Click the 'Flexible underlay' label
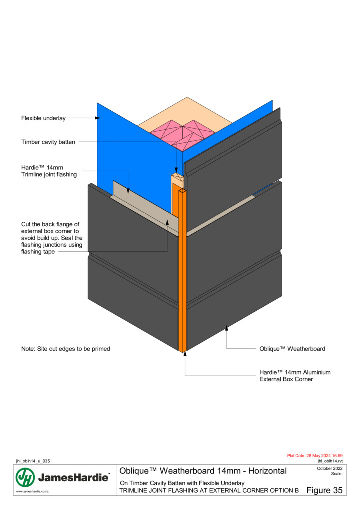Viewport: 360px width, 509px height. pyautogui.click(x=43, y=118)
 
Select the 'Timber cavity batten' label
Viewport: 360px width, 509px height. pyautogui.click(x=48, y=142)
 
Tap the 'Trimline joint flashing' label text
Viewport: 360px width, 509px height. pyautogui.click(x=49, y=174)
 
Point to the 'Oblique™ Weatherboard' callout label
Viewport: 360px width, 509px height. pyautogui.click(x=292, y=349)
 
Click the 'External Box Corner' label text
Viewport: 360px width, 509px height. pyautogui.click(x=286, y=379)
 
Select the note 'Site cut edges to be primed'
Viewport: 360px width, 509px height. pyautogui.click(x=74, y=349)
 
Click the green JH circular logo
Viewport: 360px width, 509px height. pyautogui.click(x=25, y=477)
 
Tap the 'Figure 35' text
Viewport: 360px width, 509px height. pyautogui.click(x=324, y=490)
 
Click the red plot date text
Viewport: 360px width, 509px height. pyautogui.click(x=315, y=456)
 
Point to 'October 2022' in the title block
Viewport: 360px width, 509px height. pyautogui.click(x=330, y=468)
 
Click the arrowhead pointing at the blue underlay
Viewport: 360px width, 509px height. pyautogui.click(x=98, y=118)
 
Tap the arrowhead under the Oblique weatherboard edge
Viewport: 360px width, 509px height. pyautogui.click(x=227, y=328)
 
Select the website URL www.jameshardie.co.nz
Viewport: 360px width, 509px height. pyautogui.click(x=32, y=491)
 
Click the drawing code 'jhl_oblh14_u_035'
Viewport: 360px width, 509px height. pyautogui.click(x=33, y=461)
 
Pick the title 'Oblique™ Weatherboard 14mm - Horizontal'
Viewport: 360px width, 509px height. pyautogui.click(x=203, y=471)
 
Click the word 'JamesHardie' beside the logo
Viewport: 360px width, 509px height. pyautogui.click(x=73, y=478)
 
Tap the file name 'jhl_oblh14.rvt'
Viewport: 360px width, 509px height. pyautogui.click(x=330, y=461)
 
